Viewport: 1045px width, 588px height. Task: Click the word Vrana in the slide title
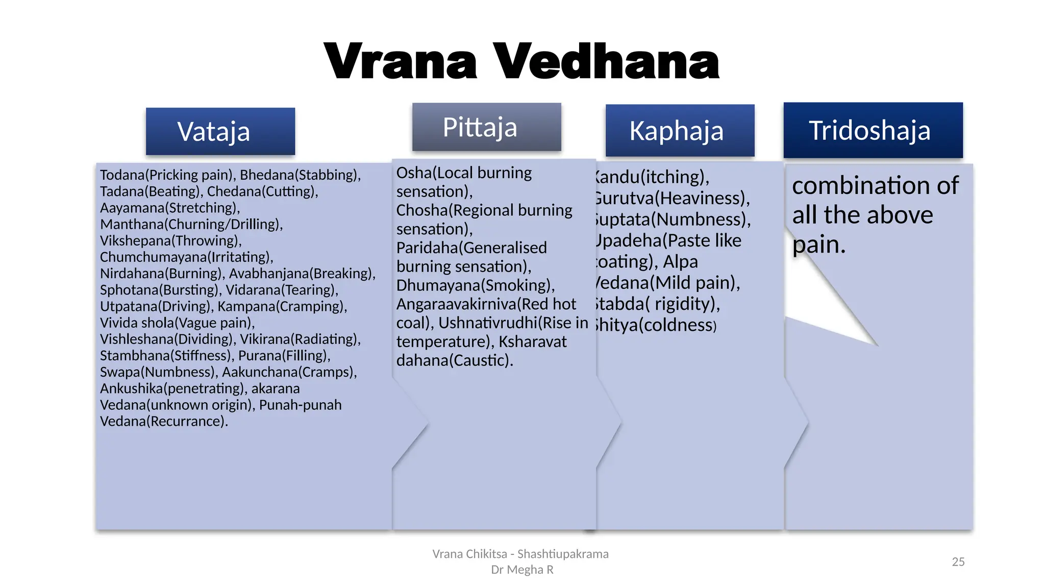401,62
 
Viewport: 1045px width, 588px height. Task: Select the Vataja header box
220,131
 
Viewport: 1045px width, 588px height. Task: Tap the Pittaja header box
486,127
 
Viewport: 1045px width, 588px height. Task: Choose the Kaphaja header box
680,131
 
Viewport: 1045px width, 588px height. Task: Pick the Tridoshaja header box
873,130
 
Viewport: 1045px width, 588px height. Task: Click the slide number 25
958,561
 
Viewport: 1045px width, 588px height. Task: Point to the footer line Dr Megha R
522,570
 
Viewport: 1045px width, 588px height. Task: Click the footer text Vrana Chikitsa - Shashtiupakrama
520,554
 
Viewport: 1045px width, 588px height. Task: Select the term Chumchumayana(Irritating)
186,257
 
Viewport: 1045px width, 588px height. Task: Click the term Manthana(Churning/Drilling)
191,224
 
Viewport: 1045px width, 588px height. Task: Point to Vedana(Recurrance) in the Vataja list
163,421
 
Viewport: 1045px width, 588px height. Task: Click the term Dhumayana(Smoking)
475,285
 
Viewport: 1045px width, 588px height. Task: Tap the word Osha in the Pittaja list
413,173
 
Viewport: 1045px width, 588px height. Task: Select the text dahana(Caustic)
454,360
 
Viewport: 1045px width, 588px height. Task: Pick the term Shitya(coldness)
656,325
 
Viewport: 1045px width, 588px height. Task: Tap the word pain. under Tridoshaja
819,244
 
